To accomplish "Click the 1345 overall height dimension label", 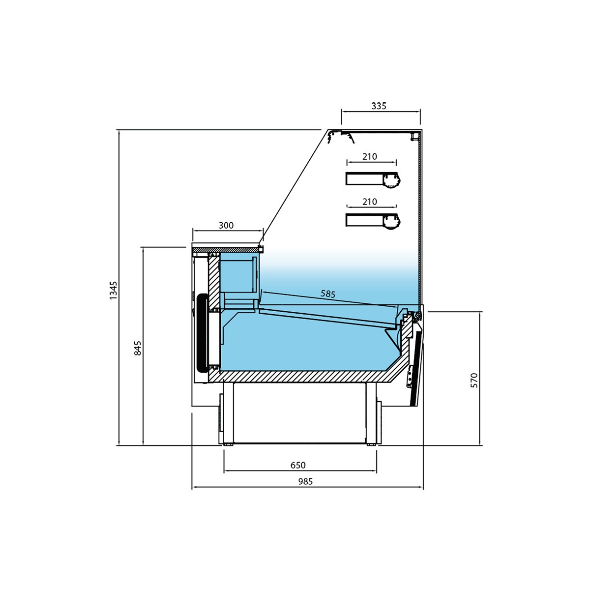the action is click(x=113, y=290).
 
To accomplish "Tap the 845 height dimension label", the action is click(x=138, y=348).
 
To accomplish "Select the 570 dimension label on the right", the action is click(x=473, y=381).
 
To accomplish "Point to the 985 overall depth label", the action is click(x=305, y=482).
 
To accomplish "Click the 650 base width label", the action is click(x=297, y=465).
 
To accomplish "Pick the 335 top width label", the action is click(x=379, y=106).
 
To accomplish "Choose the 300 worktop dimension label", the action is click(x=226, y=225).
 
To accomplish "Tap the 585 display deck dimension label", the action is click(x=328, y=294).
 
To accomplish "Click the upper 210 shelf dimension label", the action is click(x=370, y=156).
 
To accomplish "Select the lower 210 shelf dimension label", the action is click(x=370, y=202).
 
